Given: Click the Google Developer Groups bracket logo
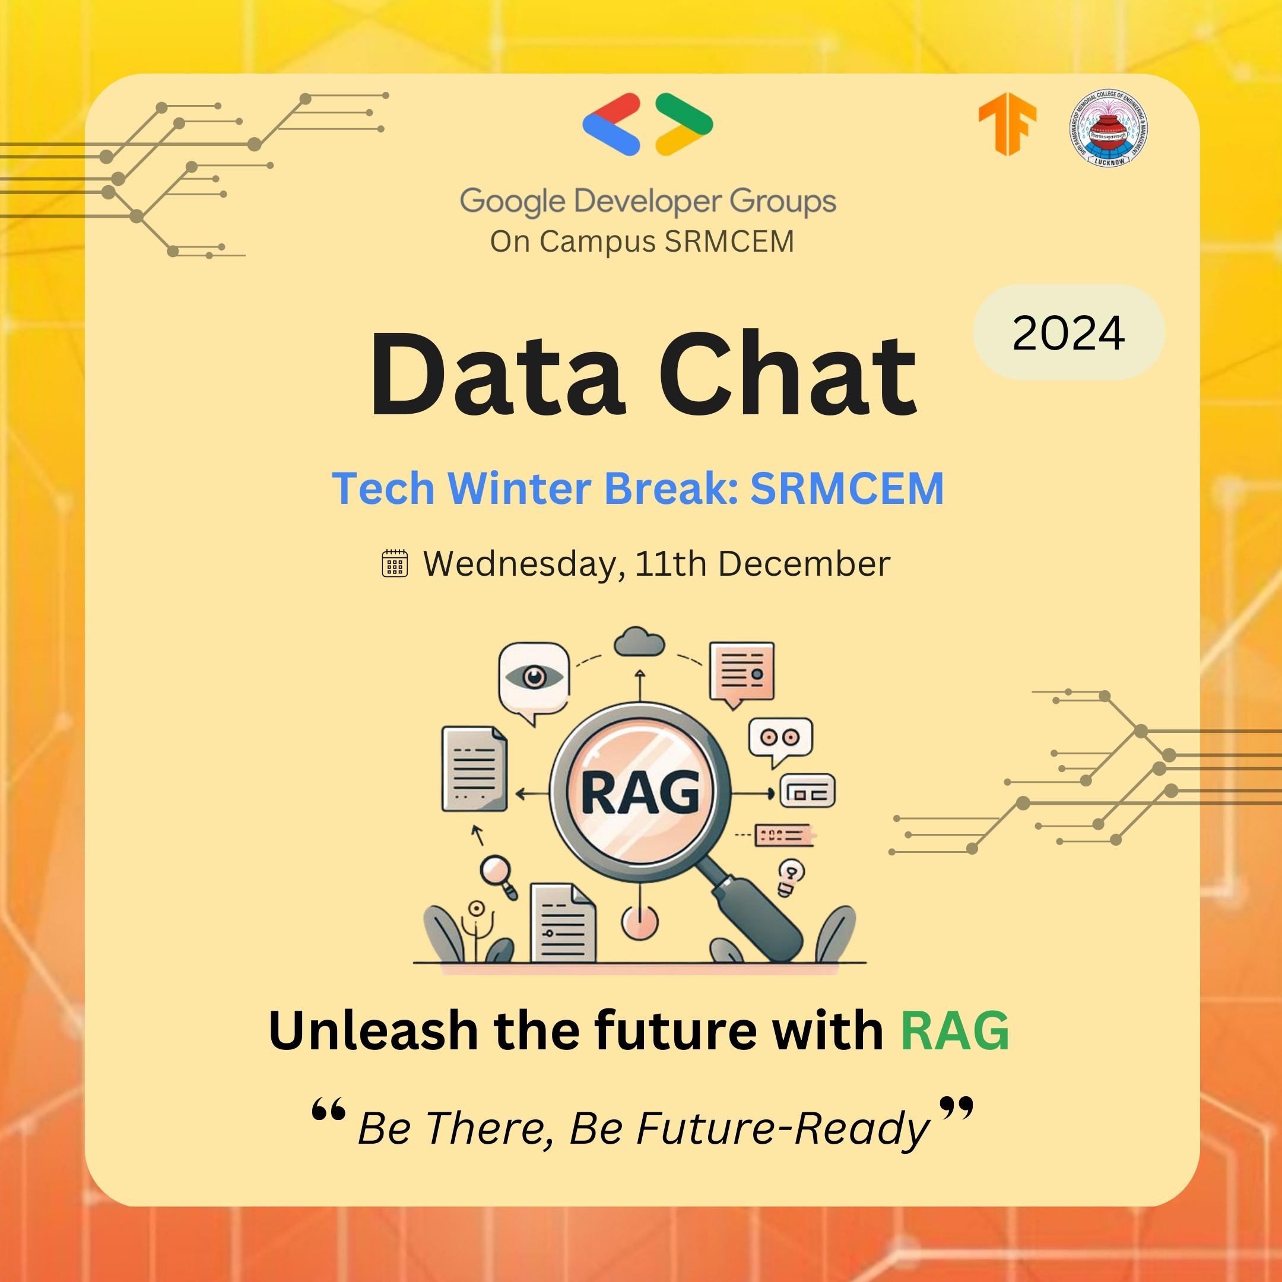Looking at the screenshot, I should coord(647,125).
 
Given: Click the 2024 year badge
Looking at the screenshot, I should coord(1068,332).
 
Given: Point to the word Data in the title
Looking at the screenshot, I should coord(496,376).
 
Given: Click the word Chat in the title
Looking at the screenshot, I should coord(787,376).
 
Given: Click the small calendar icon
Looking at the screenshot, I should coord(395,563).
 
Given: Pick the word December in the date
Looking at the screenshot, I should coord(804,564).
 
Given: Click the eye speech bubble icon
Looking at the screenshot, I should coord(534,680).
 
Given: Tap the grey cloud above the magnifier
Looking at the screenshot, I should coord(639,642).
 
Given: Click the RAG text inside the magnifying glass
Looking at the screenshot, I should coord(640,792).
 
